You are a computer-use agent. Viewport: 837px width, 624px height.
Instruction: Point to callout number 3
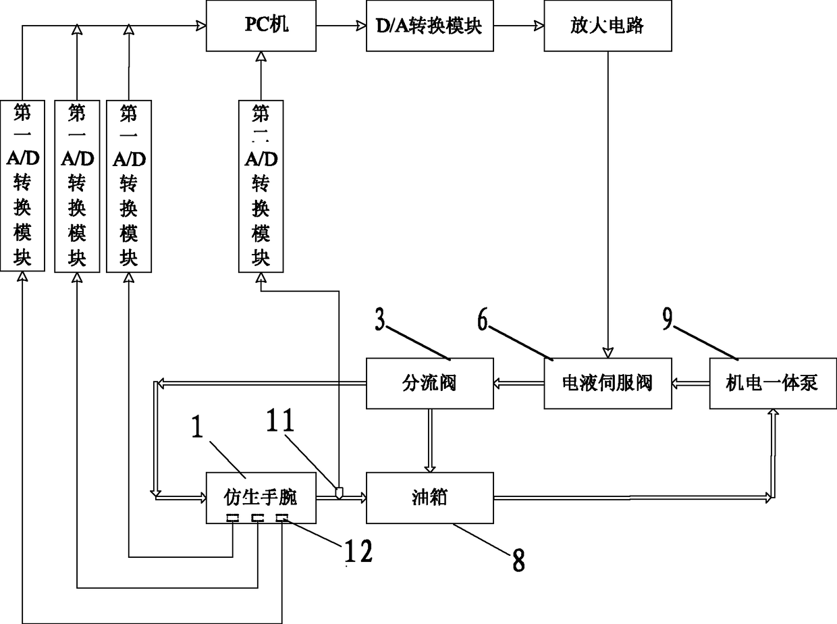pos(379,319)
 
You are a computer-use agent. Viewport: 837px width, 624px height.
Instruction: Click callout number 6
pos(483,319)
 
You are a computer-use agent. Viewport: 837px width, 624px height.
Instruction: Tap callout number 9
pos(668,319)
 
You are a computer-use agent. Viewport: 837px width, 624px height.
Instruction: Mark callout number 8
pos(518,561)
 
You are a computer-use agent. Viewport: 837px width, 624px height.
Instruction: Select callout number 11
pos(280,420)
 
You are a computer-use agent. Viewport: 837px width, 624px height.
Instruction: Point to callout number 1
pos(197,426)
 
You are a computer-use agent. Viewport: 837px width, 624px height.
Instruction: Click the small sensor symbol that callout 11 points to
pos(339,492)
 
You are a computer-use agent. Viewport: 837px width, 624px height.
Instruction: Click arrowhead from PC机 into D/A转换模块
pos(361,26)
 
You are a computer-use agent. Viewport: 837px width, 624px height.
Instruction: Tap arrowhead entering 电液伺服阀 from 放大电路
pos(607,353)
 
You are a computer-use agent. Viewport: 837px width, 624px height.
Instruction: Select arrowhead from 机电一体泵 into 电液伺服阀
pos(676,384)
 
